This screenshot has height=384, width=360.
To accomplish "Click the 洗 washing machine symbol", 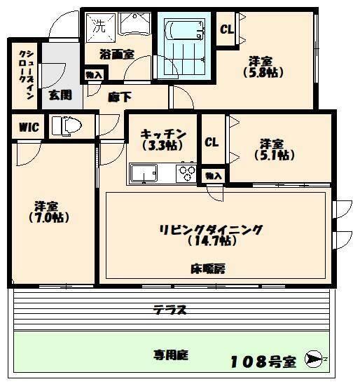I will tap(99, 28).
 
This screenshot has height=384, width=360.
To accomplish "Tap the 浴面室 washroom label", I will tap(116, 54).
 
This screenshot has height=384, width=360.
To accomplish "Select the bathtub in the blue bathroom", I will tap(185, 32).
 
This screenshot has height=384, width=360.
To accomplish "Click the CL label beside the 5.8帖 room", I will tap(226, 30).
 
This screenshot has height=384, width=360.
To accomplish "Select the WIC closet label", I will tap(28, 127).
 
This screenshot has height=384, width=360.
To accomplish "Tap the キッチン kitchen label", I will tap(162, 134).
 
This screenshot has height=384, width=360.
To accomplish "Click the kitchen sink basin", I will tap(144, 172).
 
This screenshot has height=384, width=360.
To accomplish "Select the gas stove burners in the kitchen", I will tap(187, 172).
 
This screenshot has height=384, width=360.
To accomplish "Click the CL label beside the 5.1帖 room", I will tap(212, 141).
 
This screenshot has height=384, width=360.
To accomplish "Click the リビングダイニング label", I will tap(210, 229).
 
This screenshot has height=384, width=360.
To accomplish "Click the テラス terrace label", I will tap(170, 309).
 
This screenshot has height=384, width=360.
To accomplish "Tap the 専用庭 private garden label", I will tap(172, 355).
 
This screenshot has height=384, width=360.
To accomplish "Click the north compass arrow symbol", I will tap(317, 359).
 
